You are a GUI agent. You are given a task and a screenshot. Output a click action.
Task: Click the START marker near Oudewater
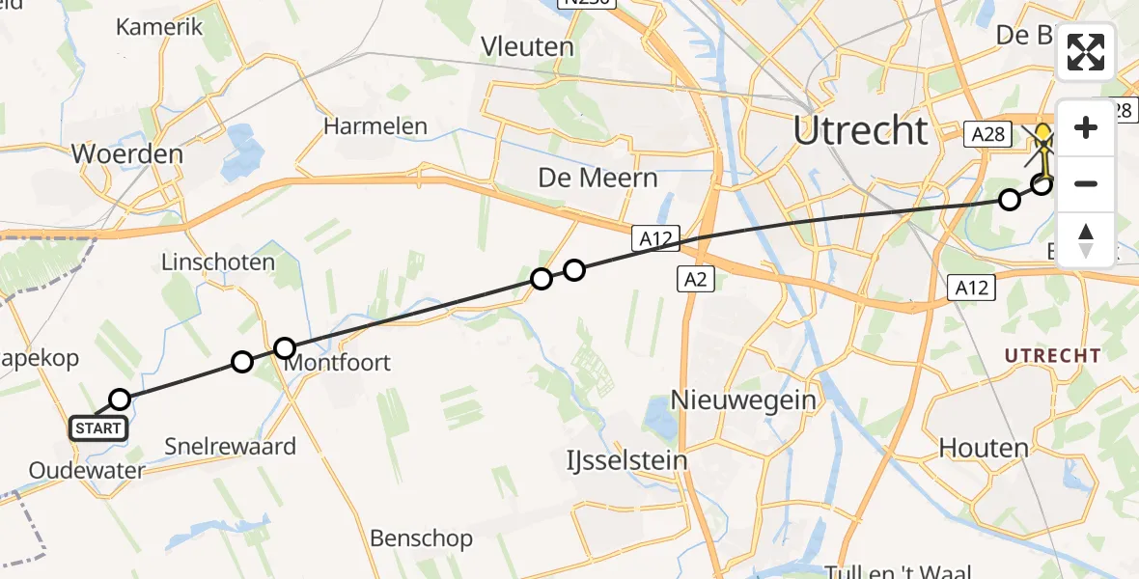97,427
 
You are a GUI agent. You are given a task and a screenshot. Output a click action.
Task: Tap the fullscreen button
1086,52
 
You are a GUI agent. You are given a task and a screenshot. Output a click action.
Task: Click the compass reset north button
1086,239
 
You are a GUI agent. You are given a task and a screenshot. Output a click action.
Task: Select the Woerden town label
126,154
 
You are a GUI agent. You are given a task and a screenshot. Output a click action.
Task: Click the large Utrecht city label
860,130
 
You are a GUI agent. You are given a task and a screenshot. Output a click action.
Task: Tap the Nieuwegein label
744,399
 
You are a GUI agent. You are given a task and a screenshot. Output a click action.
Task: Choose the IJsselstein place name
626,460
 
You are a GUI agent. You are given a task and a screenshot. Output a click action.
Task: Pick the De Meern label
597,179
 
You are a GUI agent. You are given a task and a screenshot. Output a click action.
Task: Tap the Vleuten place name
528,46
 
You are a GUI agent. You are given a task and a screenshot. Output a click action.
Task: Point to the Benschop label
422,538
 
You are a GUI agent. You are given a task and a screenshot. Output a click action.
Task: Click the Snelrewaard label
230,447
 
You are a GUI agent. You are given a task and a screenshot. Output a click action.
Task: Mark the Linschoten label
217,262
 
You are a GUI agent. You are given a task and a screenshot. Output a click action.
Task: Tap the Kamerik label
159,27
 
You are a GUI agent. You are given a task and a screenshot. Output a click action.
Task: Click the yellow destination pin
1044,137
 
